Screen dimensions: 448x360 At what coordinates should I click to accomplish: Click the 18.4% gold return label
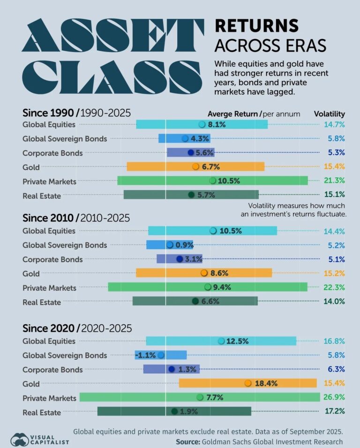(x=268, y=384)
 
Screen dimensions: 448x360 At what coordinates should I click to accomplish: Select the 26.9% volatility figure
(x=334, y=397)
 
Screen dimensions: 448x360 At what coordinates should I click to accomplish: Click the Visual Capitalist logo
(x=39, y=439)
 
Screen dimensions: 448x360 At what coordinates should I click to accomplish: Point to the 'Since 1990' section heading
(x=50, y=113)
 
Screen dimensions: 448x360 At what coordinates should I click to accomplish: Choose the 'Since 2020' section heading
(x=51, y=328)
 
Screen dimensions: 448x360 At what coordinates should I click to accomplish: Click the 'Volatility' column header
(x=329, y=114)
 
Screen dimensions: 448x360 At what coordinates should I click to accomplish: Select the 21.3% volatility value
(x=334, y=181)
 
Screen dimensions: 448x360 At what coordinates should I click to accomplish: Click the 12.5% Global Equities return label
(x=237, y=341)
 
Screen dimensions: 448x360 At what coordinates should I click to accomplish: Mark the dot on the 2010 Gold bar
(x=204, y=273)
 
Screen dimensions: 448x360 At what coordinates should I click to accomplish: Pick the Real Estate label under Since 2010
(x=42, y=302)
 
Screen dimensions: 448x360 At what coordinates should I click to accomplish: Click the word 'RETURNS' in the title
(x=256, y=25)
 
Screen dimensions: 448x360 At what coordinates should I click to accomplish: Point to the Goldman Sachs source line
(x=259, y=441)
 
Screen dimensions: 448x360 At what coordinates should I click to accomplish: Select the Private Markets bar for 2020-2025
(x=200, y=397)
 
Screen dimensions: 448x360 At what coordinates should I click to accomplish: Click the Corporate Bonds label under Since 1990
(x=52, y=153)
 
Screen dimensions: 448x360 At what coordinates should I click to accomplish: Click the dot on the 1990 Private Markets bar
(x=212, y=181)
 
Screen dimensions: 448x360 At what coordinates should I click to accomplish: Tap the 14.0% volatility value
(x=334, y=302)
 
